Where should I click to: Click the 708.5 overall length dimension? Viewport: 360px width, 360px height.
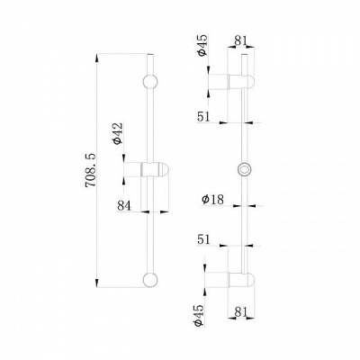click(91, 170)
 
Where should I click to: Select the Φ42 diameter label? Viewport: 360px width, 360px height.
click(119, 133)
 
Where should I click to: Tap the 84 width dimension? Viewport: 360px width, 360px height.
click(124, 206)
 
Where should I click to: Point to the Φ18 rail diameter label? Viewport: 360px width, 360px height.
click(212, 200)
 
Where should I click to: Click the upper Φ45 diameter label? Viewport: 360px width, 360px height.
click(202, 45)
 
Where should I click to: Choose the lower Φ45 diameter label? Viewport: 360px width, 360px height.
click(199, 315)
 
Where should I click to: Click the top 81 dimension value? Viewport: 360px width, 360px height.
click(240, 40)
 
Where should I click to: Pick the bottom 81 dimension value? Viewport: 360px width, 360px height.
click(241, 312)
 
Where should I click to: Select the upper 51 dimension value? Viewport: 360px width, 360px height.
click(204, 116)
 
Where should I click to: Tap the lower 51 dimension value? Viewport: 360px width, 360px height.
click(204, 239)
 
